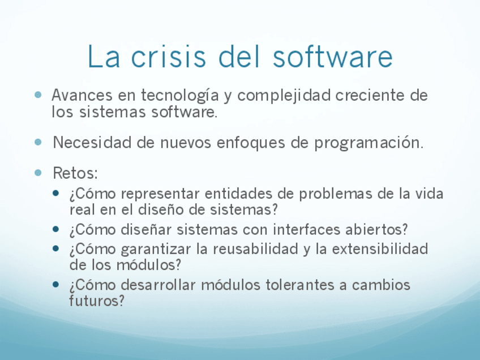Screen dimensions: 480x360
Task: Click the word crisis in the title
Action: click(169, 57)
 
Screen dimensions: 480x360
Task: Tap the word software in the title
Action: click(333, 57)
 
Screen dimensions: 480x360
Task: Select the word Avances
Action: click(82, 95)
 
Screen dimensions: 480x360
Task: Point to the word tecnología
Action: click(179, 96)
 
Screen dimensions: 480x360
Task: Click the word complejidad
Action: click(284, 96)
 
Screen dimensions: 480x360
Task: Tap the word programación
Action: click(369, 143)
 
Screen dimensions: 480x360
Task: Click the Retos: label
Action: click(75, 173)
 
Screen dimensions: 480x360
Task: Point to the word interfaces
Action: click(307, 230)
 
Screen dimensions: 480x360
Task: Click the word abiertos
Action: click(374, 230)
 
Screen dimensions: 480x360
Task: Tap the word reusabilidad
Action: click(256, 248)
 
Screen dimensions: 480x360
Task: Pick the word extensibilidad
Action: click(380, 248)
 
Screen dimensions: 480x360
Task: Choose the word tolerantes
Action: click(300, 285)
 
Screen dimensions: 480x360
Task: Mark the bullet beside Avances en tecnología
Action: click(38, 95)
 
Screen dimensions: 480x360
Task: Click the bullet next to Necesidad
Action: click(38, 142)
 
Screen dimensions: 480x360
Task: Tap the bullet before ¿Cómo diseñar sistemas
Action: click(55, 229)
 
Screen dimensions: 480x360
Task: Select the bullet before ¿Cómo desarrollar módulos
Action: click(55, 284)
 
